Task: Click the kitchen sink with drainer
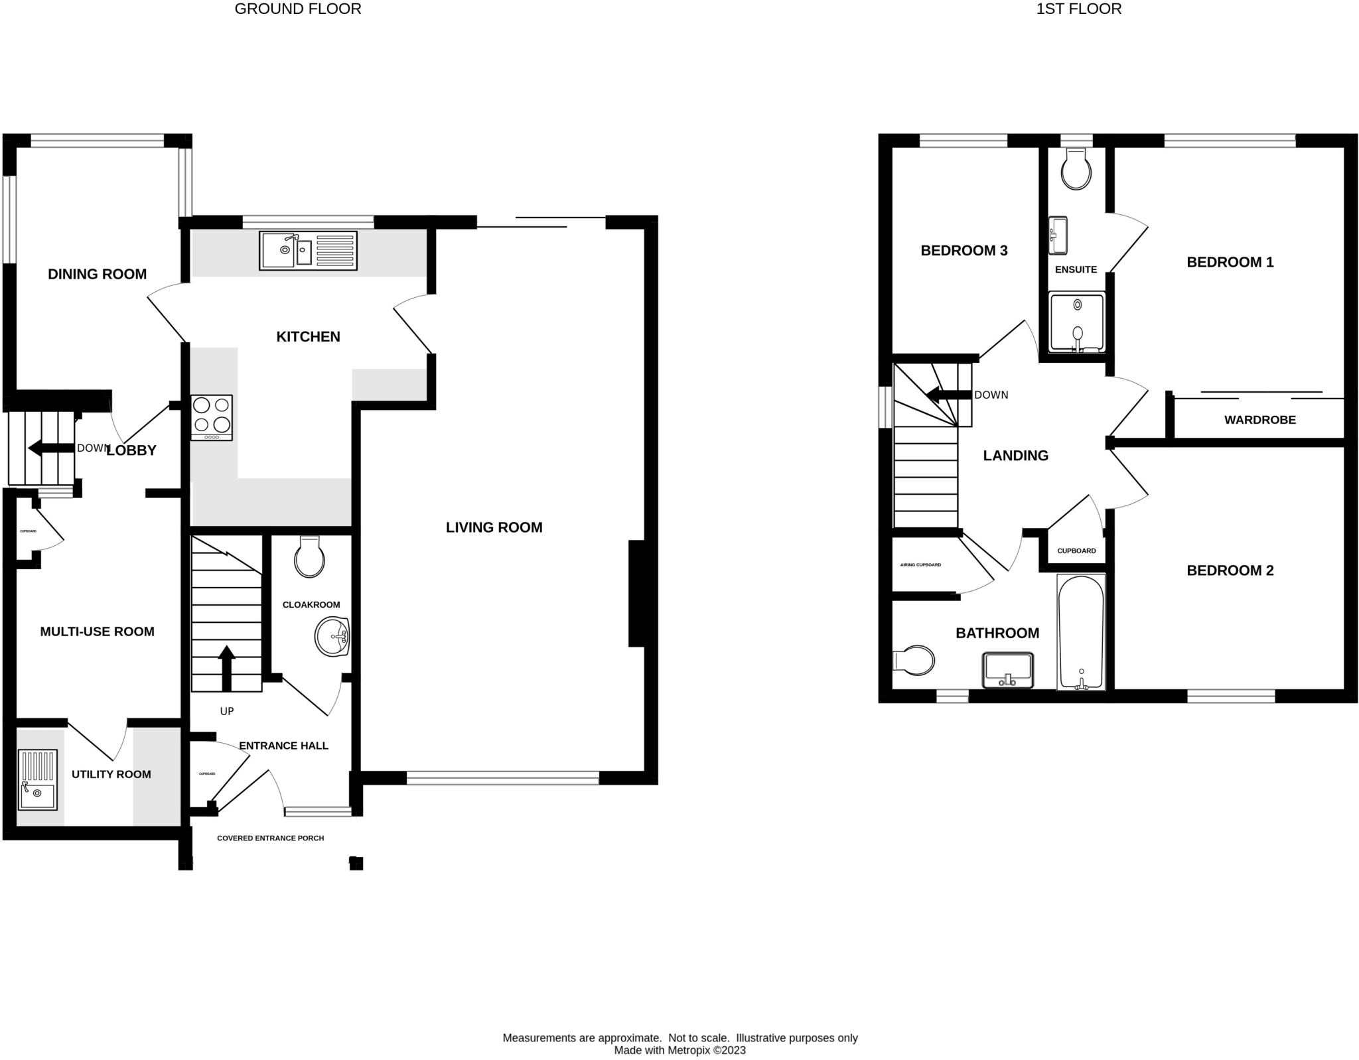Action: (x=308, y=250)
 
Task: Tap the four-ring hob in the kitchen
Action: (x=212, y=417)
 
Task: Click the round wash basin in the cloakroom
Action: (x=332, y=637)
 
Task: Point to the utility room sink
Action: (x=37, y=779)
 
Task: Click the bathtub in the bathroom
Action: (x=1080, y=632)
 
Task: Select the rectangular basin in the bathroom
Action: (x=1008, y=671)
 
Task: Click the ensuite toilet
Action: (x=1076, y=169)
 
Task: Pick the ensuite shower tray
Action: (x=1076, y=322)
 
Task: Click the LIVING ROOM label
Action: (x=494, y=527)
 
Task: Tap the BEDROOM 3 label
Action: (x=964, y=250)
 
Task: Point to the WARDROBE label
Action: (x=1259, y=420)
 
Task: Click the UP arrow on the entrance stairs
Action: (x=226, y=668)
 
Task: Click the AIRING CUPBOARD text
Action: (x=920, y=565)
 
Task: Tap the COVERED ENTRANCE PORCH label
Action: (x=270, y=838)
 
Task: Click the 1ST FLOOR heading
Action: (x=1078, y=9)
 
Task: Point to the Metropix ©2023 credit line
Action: (x=679, y=1051)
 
